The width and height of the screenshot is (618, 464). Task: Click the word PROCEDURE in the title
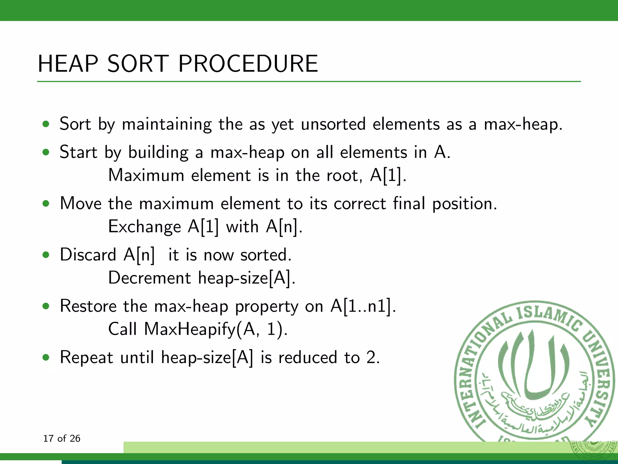[248, 64]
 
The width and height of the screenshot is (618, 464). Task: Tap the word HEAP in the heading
[68, 64]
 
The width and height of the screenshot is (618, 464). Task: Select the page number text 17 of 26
[62, 438]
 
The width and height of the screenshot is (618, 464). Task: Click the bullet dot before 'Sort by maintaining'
[46, 124]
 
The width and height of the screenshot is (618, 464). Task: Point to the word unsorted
[333, 124]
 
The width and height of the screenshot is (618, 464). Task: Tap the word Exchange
[144, 227]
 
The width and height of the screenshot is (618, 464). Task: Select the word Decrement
[149, 278]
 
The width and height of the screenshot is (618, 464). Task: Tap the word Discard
[88, 255]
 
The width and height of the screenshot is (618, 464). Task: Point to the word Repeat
[86, 357]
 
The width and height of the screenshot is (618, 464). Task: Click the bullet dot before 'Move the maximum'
[46, 204]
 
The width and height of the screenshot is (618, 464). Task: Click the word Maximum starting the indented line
[146, 175]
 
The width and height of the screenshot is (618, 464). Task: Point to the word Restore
[88, 306]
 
